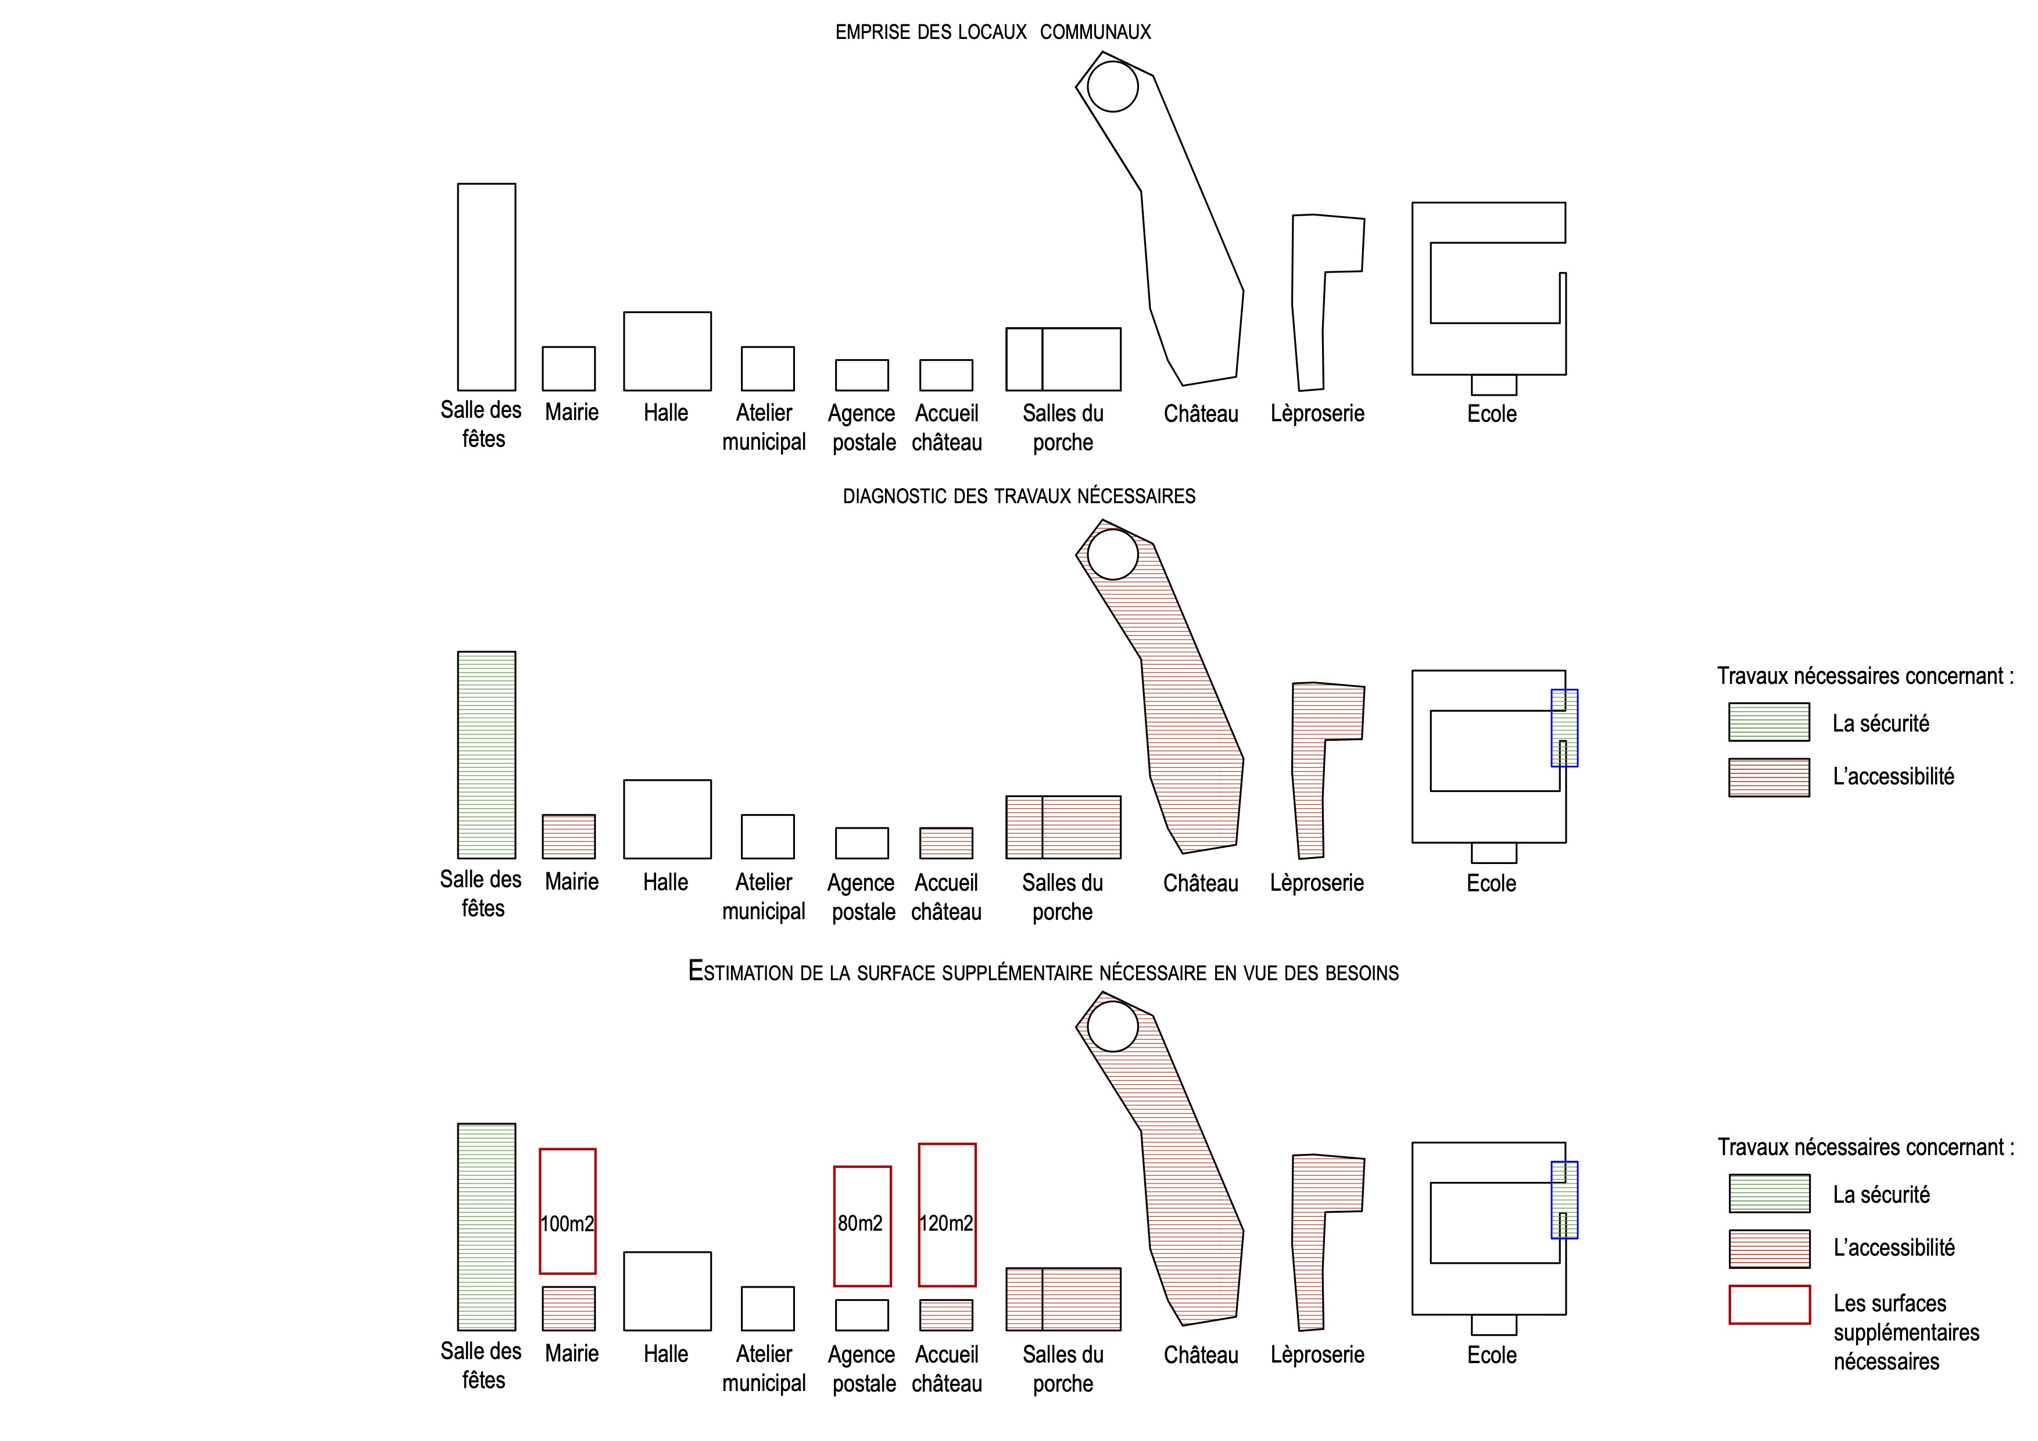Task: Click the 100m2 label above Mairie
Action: click(x=567, y=1224)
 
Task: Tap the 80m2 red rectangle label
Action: click(x=860, y=1224)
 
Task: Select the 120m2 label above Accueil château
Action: click(x=946, y=1224)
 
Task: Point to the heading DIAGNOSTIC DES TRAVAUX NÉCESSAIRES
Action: click(x=1019, y=496)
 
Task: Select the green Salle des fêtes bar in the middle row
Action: click(x=486, y=755)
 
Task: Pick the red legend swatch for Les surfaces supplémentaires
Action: click(x=1769, y=1304)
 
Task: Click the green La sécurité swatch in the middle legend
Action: click(x=1769, y=722)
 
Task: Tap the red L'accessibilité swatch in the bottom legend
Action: click(x=1769, y=1249)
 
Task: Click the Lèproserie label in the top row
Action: click(x=1317, y=414)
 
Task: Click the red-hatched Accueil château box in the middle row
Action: click(x=946, y=843)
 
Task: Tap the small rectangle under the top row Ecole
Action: click(x=1494, y=384)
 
